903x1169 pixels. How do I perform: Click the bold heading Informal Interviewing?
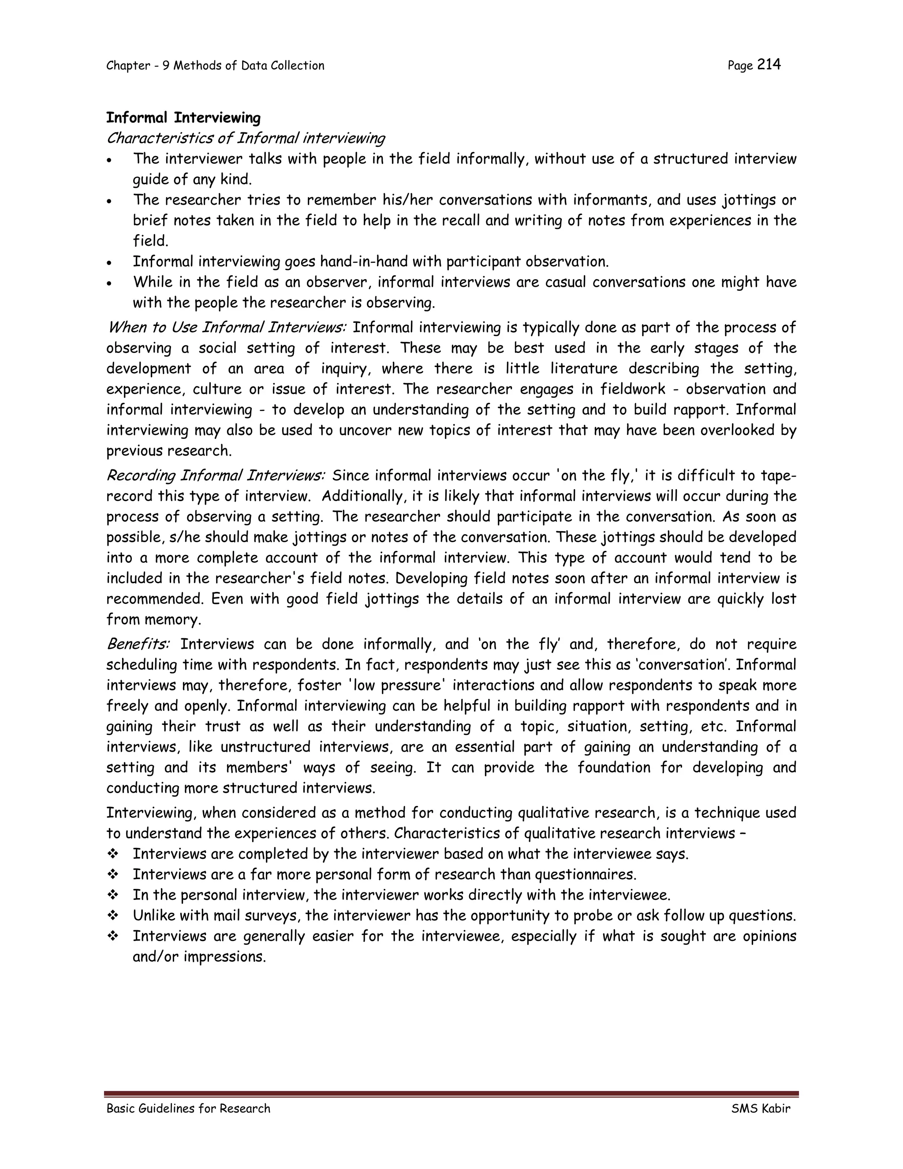183,118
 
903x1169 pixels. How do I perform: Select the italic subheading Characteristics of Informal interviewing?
246,138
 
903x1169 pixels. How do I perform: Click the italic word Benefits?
138,644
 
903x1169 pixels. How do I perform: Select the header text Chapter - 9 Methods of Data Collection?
215,66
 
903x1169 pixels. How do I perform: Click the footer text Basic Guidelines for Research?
188,1109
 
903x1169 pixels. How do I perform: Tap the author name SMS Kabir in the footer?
760,1109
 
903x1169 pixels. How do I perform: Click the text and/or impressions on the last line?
199,957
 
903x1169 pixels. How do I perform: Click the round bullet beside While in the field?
109,283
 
